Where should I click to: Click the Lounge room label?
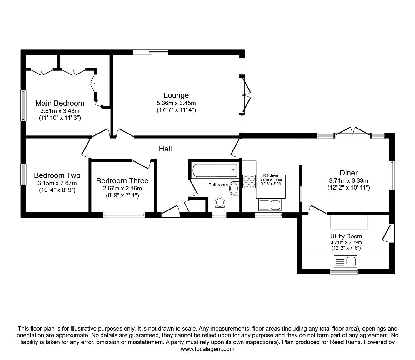pyautogui.click(x=176, y=95)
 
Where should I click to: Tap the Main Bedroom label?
pyautogui.click(x=60, y=103)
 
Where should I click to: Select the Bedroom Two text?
pyautogui.click(x=57, y=175)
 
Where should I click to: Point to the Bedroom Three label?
pyautogui.click(x=122, y=181)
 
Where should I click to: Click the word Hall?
pyautogui.click(x=165, y=149)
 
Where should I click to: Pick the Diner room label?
pyautogui.click(x=348, y=173)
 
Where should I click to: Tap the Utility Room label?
pyautogui.click(x=346, y=236)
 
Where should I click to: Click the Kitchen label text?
pyautogui.click(x=271, y=175)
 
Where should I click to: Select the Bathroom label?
pyautogui.click(x=218, y=185)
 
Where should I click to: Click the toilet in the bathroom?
pyautogui.click(x=220, y=203)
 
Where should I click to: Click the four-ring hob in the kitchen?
pyautogui.click(x=249, y=181)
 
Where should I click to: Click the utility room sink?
pyautogui.click(x=346, y=261)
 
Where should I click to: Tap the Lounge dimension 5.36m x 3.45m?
pyautogui.click(x=176, y=103)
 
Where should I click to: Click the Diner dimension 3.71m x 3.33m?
pyautogui.click(x=348, y=180)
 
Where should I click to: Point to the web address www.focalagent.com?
pyautogui.click(x=207, y=349)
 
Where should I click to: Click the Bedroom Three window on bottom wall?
pyautogui.click(x=124, y=215)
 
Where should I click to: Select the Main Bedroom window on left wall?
pyautogui.click(x=23, y=105)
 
